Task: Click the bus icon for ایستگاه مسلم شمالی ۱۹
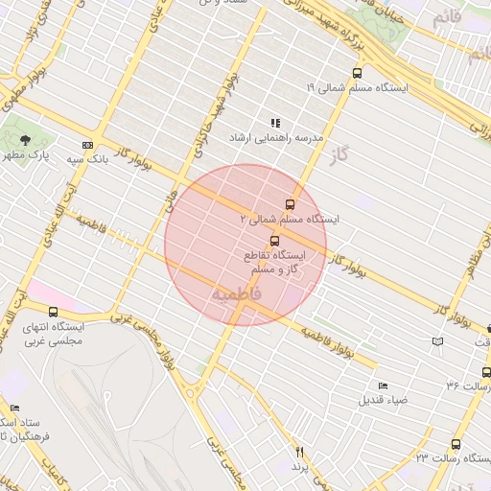point(358,73)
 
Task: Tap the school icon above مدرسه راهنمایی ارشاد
point(275,123)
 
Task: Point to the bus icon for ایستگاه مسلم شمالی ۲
point(292,203)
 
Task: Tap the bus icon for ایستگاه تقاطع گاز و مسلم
point(275,241)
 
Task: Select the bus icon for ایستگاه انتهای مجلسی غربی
point(53,312)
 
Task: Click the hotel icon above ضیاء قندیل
point(384,386)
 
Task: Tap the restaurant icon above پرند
point(299,452)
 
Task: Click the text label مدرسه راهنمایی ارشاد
point(266,138)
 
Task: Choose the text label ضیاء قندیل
point(384,400)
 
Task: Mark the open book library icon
point(438,341)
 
